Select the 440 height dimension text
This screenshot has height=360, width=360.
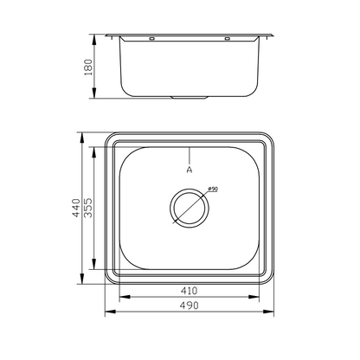(x=76, y=209)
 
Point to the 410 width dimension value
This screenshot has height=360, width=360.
(x=189, y=291)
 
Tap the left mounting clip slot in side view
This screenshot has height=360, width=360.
(x=152, y=39)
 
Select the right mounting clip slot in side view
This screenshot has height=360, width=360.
(x=228, y=39)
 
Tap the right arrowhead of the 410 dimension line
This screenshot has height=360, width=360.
(x=260, y=297)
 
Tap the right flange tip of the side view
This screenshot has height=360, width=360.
(x=276, y=35)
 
